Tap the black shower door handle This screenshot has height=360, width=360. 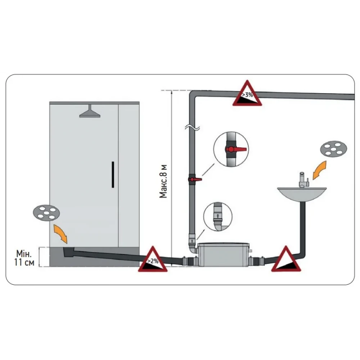point(113,174)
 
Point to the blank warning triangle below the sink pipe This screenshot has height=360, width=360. point(286,260)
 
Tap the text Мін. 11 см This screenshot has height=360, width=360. point(24,258)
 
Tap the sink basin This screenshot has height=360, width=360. point(302,194)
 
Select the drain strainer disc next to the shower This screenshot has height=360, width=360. point(46,213)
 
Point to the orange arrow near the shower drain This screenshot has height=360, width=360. point(60,233)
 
